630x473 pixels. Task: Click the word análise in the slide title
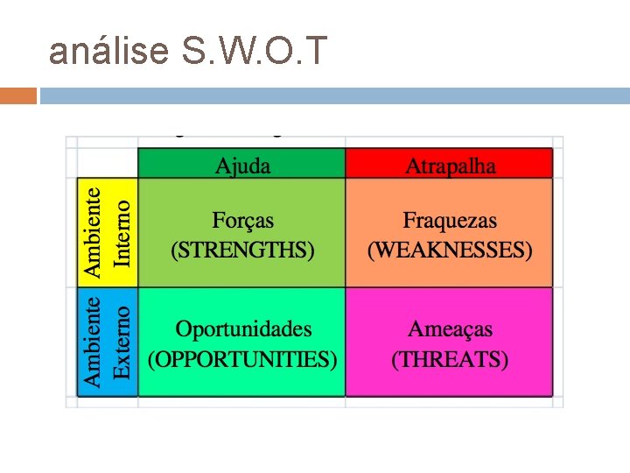[108, 53]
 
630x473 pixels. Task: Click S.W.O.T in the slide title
[254, 53]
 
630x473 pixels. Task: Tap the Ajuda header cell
[242, 165]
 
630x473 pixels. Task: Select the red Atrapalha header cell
[450, 165]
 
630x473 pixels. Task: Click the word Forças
[242, 221]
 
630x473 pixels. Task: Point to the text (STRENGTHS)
[242, 251]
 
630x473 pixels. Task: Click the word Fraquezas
[450, 221]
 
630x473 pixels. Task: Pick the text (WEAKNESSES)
[450, 251]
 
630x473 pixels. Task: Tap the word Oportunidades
[243, 329]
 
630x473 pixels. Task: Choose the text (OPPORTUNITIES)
[242, 359]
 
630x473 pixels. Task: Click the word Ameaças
[450, 329]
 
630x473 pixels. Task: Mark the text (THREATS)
[450, 359]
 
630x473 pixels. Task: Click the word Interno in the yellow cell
[122, 232]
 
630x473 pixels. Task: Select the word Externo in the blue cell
[122, 342]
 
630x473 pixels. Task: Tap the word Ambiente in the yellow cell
[93, 230]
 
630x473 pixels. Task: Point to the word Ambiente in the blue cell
[93, 342]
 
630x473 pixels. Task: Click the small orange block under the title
[18, 95]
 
